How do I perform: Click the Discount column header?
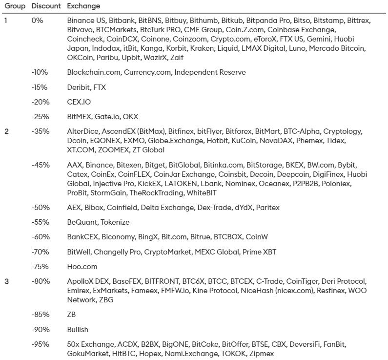(46, 6)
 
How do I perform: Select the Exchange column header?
(83, 6)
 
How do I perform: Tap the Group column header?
(15, 6)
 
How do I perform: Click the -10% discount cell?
(40, 72)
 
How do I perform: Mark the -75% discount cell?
(40, 267)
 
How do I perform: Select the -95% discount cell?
(40, 344)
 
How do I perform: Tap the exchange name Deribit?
(79, 87)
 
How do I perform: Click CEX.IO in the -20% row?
(79, 102)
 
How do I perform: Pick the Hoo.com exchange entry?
(82, 267)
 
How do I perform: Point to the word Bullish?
(78, 330)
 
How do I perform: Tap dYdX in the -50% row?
(241, 208)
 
